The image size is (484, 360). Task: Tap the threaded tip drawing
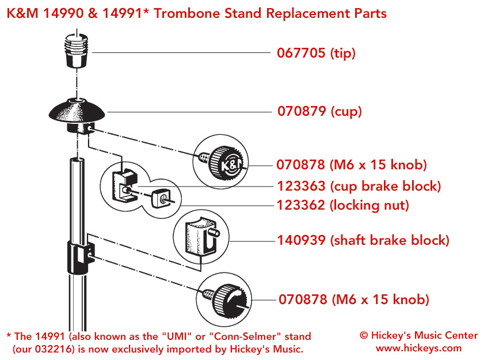point(76,51)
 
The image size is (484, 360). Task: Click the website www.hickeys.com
point(419,348)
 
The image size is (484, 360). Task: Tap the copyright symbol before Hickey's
point(364,335)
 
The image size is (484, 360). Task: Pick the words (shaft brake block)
point(390,240)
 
